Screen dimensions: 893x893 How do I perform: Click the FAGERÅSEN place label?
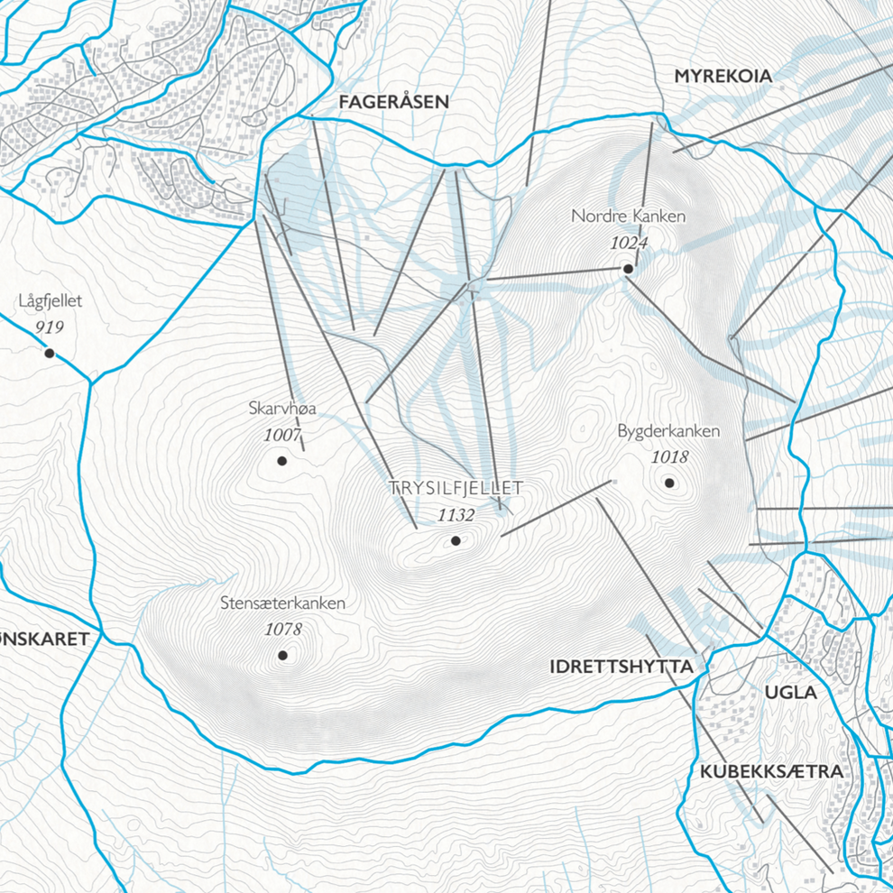tap(393, 102)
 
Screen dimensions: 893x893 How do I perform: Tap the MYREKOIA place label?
tap(723, 77)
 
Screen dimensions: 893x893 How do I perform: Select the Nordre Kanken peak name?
tap(629, 216)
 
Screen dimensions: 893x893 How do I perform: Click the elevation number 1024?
tap(629, 242)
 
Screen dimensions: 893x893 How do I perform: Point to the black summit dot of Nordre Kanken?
tap(628, 269)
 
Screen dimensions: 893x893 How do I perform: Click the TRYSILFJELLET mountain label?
tap(456, 488)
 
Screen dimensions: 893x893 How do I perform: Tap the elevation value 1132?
tap(456, 515)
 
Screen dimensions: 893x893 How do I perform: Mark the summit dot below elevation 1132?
tap(456, 541)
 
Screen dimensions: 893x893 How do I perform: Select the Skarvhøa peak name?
tap(282, 410)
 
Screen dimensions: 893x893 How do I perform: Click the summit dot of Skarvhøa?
tap(281, 461)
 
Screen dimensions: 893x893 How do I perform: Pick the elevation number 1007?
tap(282, 435)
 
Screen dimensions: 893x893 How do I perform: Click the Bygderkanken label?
tap(668, 431)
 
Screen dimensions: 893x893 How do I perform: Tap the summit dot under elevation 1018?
tap(669, 483)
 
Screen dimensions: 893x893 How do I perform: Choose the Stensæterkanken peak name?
tap(282, 603)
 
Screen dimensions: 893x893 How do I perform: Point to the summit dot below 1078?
tap(282, 656)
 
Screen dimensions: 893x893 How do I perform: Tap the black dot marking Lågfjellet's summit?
tap(50, 354)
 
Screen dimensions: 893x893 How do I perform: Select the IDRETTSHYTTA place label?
tap(621, 667)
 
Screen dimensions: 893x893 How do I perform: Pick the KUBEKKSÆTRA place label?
tap(771, 772)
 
